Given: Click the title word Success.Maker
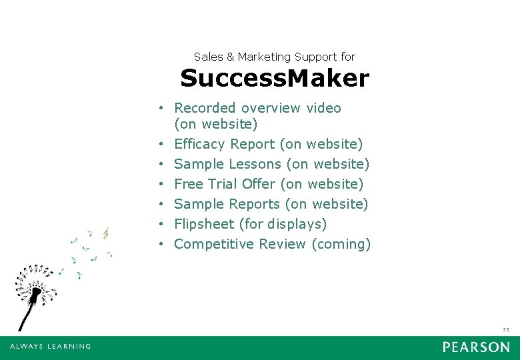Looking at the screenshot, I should coord(274,79).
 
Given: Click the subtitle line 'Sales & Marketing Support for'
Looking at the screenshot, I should coord(274,57).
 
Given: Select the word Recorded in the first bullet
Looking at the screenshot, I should coord(205,108).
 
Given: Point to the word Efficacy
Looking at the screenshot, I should coord(200,144).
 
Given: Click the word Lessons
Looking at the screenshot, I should coord(255,164).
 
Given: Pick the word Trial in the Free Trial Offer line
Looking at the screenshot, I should coord(225,184).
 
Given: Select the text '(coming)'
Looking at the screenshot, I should coord(341,244).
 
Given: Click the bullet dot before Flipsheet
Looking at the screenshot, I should coord(162,225).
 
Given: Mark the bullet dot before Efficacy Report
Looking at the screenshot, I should coord(162,145).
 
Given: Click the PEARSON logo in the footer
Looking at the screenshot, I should coord(475,347).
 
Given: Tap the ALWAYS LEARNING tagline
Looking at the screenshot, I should coord(50,347).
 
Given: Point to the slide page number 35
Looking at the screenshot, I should coord(505,329).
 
